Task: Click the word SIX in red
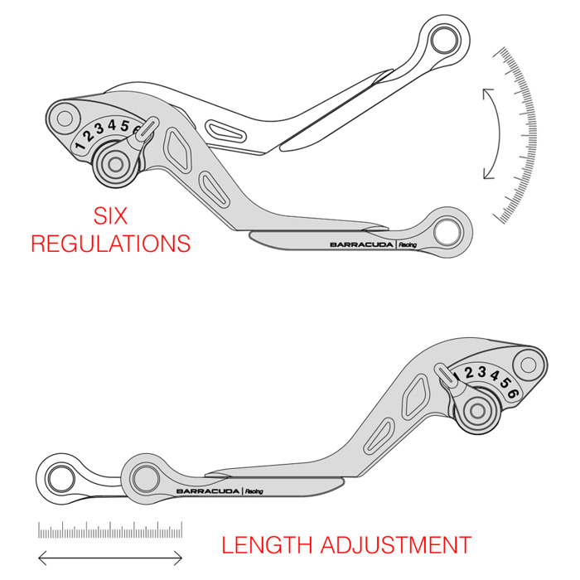109,217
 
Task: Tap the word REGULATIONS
110,244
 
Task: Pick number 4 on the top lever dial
113,127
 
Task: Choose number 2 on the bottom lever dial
468,373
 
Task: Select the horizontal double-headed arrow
110,557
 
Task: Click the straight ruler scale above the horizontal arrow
110,530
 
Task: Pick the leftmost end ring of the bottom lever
60,477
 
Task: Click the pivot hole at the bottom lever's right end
527,362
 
